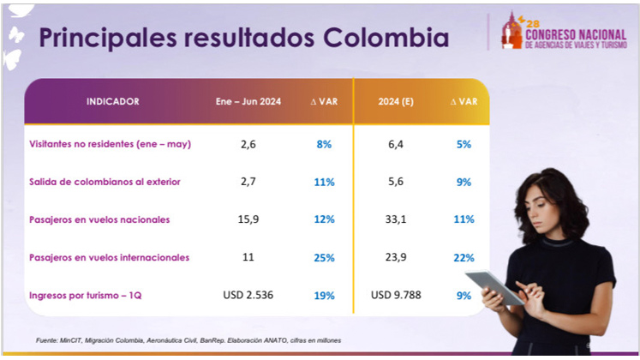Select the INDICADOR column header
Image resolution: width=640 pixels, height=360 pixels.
click(x=112, y=102)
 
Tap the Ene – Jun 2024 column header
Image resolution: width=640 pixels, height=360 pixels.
click(x=248, y=102)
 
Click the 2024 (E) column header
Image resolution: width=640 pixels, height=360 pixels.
click(x=396, y=102)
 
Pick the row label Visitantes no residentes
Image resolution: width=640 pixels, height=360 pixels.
click(x=110, y=144)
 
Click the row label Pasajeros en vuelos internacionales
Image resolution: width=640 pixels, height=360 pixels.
click(x=108, y=257)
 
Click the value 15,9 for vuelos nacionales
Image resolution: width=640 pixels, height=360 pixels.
click(x=248, y=219)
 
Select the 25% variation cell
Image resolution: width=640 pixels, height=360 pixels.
click(x=324, y=257)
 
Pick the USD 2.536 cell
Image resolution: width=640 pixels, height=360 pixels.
click(x=248, y=295)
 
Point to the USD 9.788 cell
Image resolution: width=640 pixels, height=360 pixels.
click(x=396, y=295)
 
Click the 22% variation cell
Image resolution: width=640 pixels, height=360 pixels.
click(x=464, y=257)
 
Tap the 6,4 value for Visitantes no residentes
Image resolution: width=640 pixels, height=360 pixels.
click(x=396, y=144)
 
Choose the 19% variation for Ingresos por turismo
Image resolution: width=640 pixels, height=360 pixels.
click(x=324, y=295)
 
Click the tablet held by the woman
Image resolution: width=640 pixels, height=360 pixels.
click(x=493, y=286)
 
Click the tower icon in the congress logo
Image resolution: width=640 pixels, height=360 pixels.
click(x=511, y=32)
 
